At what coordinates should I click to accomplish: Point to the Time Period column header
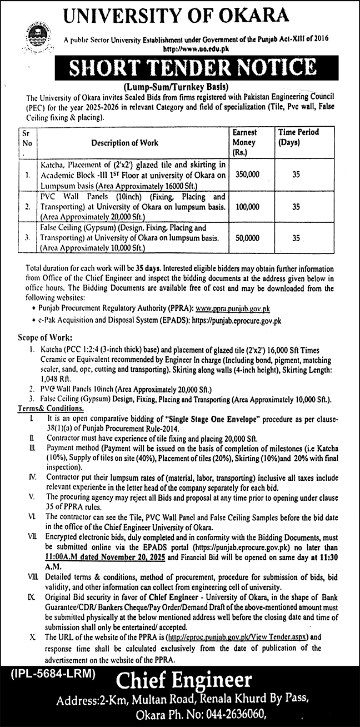[298, 137]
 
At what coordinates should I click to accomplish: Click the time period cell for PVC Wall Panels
[296, 206]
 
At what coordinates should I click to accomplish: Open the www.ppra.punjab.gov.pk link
[237, 308]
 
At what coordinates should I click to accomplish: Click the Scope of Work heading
[39, 337]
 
